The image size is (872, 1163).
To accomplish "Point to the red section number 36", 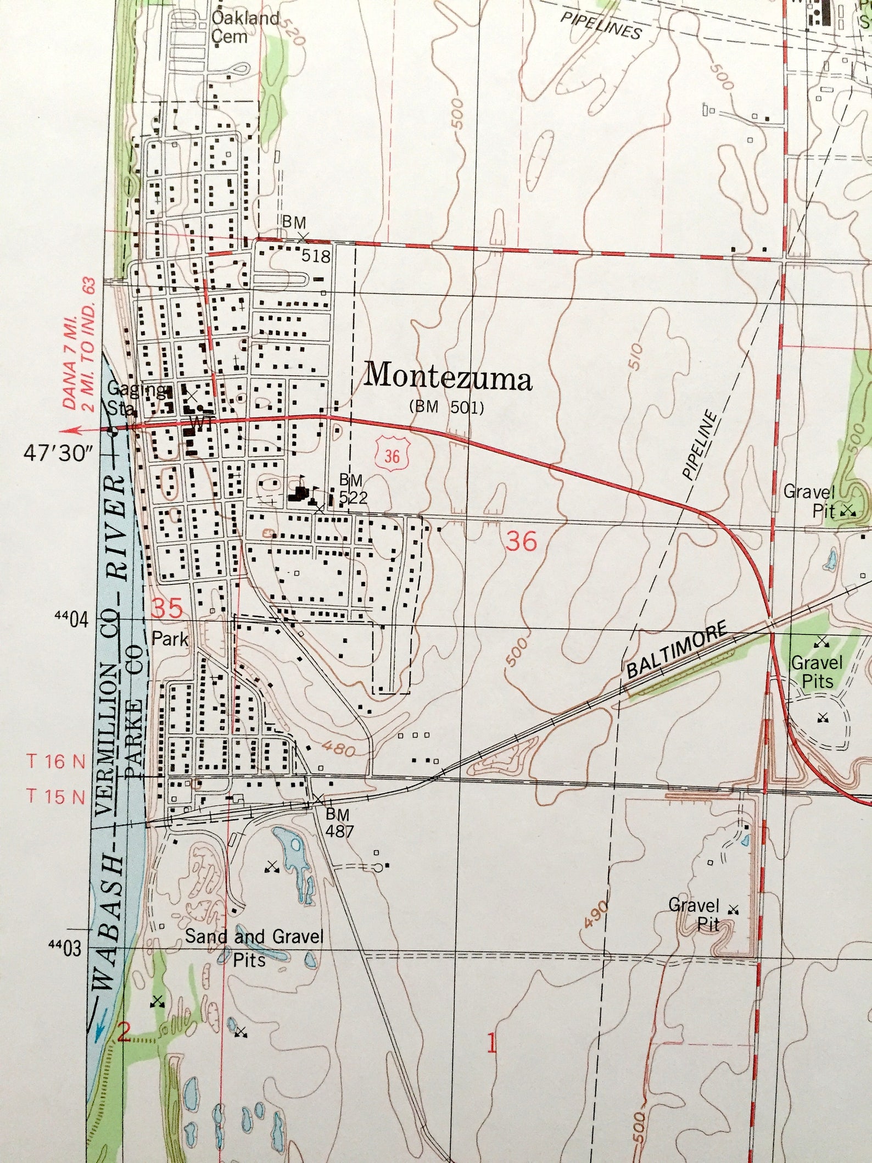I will pos(521,541).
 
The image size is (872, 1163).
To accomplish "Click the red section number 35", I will pos(166,608).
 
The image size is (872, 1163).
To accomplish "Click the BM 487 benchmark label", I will pos(339,822).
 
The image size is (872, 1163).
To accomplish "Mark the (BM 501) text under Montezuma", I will pos(446,408).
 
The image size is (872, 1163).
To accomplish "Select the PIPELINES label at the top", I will pos(601,25).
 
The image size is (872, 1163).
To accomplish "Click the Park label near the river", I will pos(170,639).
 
